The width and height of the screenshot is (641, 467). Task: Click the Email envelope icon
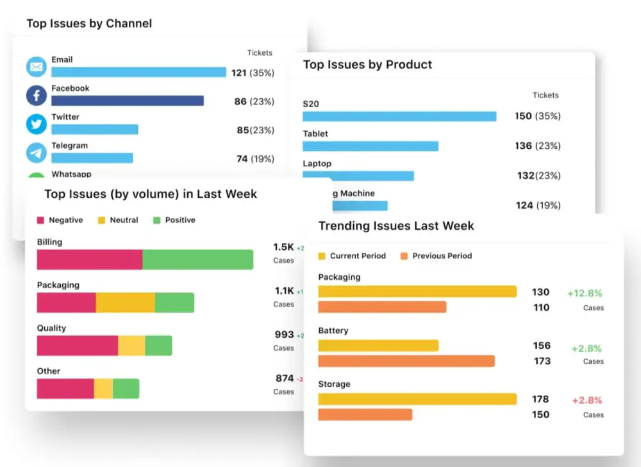(x=37, y=67)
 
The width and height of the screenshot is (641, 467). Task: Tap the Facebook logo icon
(x=37, y=96)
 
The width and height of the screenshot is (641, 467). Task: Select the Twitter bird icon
(x=37, y=124)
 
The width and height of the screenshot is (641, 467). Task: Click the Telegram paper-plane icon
(x=37, y=153)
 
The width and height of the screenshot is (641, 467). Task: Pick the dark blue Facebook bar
(x=128, y=101)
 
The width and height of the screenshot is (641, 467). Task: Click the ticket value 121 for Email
(x=239, y=73)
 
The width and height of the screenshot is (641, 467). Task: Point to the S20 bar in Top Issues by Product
(x=399, y=116)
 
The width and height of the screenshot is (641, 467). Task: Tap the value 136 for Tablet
(x=524, y=146)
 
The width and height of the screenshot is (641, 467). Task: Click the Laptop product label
(x=317, y=164)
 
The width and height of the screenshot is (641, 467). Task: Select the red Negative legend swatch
(x=40, y=220)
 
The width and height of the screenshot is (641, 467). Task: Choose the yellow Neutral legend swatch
(x=101, y=220)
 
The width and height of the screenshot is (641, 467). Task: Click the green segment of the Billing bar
(x=197, y=259)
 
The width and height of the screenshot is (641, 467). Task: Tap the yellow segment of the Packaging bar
(x=125, y=303)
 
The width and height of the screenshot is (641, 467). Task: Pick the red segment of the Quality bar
(x=78, y=345)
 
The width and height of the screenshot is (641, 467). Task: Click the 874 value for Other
(x=284, y=378)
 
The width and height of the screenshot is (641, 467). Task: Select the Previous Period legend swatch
(x=404, y=256)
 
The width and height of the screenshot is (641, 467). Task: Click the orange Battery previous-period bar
(x=406, y=361)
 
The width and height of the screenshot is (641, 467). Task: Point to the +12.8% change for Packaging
(x=585, y=293)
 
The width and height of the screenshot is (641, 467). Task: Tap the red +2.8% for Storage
(x=587, y=400)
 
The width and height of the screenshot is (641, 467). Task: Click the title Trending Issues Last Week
(x=396, y=225)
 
